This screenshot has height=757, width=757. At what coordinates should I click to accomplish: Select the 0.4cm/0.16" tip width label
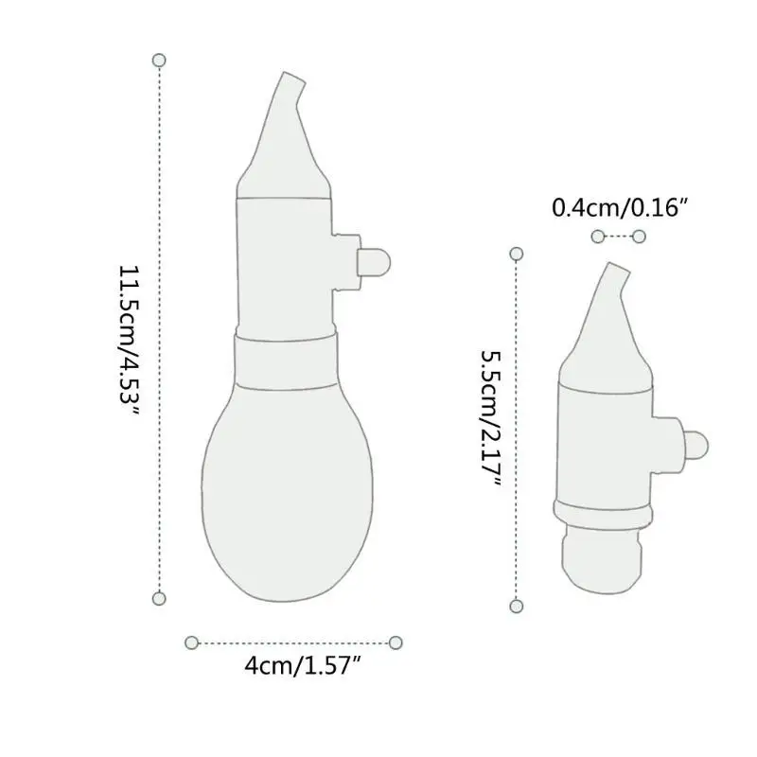point(617,207)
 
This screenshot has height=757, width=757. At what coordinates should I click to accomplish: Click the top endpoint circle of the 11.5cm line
point(159,61)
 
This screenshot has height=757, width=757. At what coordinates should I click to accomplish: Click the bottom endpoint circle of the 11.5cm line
point(159,598)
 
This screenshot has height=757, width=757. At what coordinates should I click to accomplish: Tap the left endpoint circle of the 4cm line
point(191,643)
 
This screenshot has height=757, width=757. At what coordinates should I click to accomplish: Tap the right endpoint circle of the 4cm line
point(396,643)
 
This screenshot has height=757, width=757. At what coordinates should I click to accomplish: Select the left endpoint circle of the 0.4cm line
point(597,236)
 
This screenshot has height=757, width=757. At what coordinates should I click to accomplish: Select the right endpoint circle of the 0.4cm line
point(640,236)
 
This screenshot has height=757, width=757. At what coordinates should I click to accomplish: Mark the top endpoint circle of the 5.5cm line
point(517,254)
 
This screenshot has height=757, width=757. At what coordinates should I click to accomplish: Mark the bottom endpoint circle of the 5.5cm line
point(517,606)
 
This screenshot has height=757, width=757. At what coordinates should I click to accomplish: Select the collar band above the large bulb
point(284,359)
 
